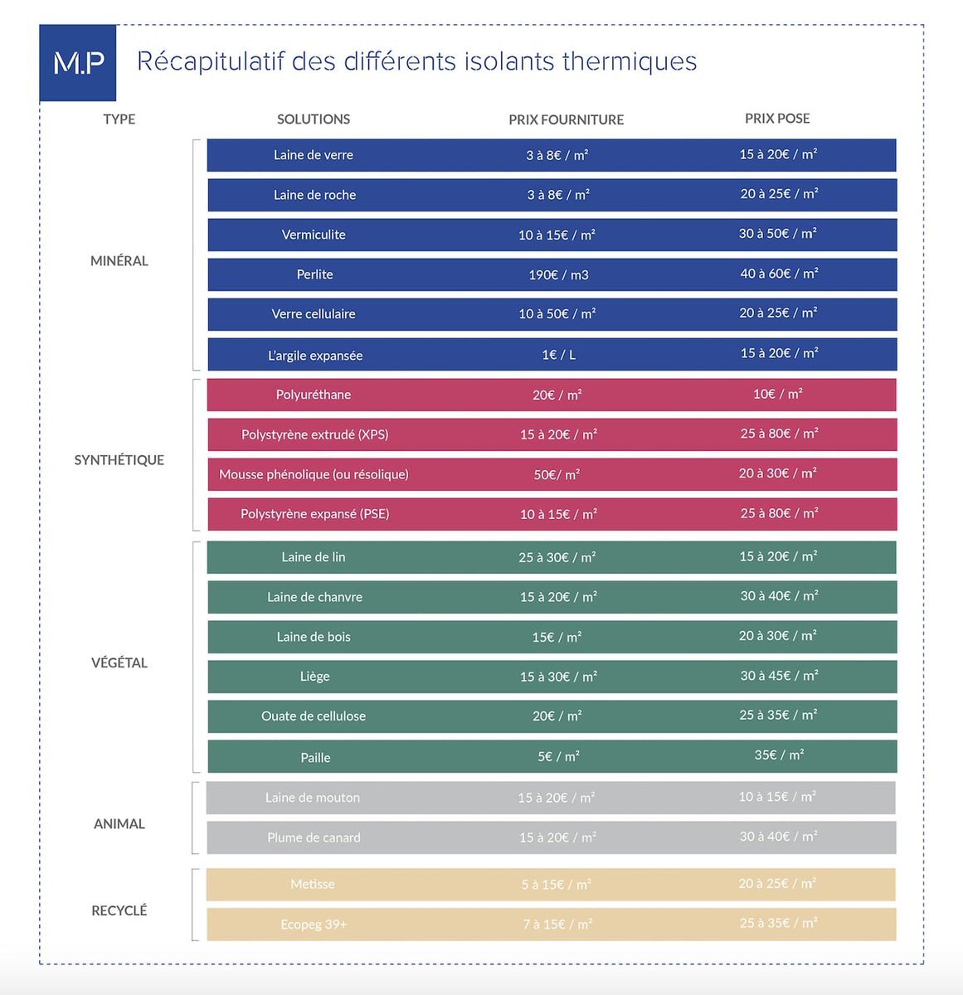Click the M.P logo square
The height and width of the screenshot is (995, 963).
[x=78, y=63]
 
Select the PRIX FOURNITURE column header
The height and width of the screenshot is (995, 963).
[x=566, y=119]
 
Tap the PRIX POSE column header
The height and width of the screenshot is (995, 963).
[x=777, y=119]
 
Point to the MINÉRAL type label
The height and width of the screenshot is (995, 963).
[x=119, y=260]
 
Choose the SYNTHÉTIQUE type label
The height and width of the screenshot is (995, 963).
[x=119, y=459]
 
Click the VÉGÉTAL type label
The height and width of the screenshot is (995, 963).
[x=119, y=663]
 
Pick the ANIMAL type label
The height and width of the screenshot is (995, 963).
[x=119, y=823]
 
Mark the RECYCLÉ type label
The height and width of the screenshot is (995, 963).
[x=119, y=910]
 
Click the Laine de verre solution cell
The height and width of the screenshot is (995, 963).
[x=314, y=155]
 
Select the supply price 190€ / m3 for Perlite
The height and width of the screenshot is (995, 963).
[x=558, y=274]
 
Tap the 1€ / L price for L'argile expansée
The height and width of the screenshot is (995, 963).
[x=558, y=355]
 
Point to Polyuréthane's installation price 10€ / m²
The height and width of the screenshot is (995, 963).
[x=778, y=394]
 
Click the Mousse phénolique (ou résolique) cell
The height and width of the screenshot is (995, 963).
[x=314, y=474]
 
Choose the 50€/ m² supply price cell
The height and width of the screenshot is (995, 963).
[x=557, y=474]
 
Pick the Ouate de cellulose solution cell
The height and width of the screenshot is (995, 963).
[x=314, y=716]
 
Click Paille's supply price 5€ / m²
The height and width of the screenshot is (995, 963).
[x=558, y=756]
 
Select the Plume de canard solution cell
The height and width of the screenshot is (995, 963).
[x=314, y=837]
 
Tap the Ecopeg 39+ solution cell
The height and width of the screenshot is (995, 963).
[x=314, y=925]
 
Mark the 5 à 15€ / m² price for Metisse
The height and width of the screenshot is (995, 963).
[x=557, y=885]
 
